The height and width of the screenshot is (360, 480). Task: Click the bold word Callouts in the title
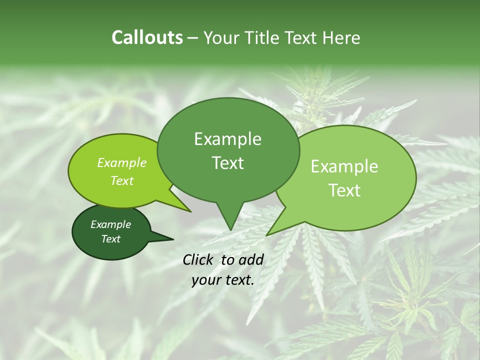point(147,38)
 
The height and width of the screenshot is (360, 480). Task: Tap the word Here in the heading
point(341,38)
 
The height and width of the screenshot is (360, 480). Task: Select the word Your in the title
point(220,38)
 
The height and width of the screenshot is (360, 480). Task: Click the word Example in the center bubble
point(227,139)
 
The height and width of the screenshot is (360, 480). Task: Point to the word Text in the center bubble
point(227,163)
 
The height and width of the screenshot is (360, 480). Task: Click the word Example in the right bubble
point(344,166)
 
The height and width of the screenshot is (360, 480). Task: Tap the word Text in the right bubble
point(344,190)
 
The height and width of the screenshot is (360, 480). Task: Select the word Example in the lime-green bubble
point(121,163)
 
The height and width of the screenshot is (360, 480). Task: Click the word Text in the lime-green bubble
point(121,181)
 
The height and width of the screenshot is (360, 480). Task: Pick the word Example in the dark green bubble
point(110,224)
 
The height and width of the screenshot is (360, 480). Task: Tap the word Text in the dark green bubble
point(110,239)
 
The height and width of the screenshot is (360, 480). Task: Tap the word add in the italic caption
point(251,259)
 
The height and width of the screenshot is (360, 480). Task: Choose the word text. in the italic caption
point(237,280)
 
